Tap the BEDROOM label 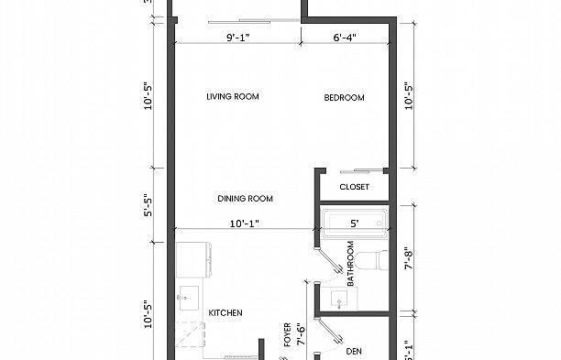point(345,98)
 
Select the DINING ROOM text point(245,199)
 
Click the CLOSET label point(354,188)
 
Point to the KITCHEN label point(225,313)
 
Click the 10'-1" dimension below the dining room point(245,222)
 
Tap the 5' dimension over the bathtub point(354,222)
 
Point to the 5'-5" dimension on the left point(148,209)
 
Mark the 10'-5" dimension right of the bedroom point(408,94)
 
